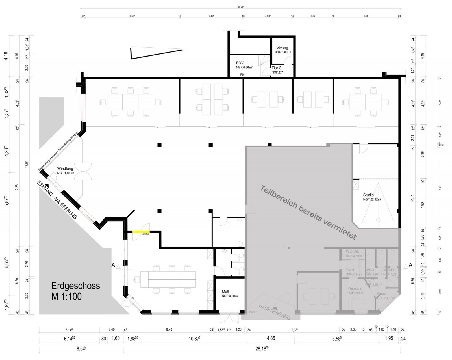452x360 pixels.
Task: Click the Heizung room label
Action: [281, 48]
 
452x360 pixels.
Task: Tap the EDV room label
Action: [240, 63]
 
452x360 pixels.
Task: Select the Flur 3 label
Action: [276, 68]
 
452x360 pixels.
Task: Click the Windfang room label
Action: [65, 169]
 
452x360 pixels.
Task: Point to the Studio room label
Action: [368, 195]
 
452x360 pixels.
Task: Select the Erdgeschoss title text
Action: [76, 286]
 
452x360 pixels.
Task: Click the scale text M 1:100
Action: [67, 296]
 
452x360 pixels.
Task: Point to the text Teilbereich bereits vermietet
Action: [308, 213]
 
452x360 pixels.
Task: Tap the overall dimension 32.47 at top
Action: [240, 8]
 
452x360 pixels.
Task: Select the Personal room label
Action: [355, 288]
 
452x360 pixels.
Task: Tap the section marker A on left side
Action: [113, 265]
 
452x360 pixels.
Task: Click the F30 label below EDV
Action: [242, 75]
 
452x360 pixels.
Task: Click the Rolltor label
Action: [252, 312]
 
